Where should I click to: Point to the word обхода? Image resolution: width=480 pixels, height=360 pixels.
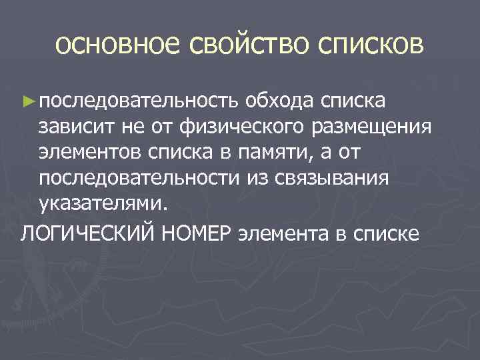(278, 101)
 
